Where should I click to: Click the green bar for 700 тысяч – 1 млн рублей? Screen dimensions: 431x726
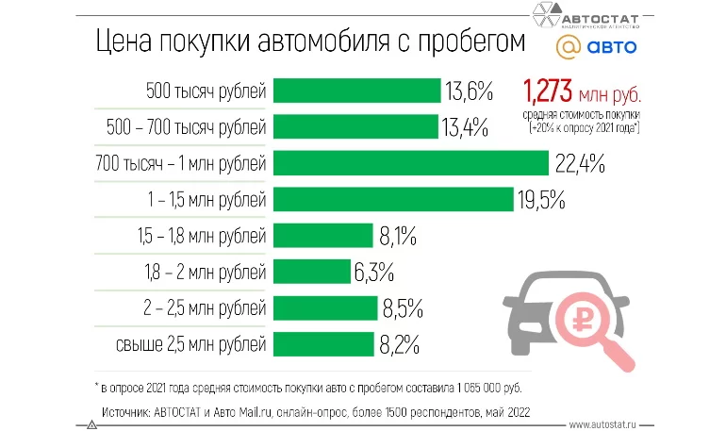tap(410, 163)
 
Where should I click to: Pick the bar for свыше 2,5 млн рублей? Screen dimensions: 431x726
tap(324, 343)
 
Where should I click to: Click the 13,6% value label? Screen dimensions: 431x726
tap(470, 91)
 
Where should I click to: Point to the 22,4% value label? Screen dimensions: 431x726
tap(579, 163)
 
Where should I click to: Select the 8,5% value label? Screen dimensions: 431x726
tap(403, 307)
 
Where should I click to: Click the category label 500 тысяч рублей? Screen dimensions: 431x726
tap(206, 91)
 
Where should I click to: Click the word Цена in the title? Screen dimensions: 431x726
tap(118, 42)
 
